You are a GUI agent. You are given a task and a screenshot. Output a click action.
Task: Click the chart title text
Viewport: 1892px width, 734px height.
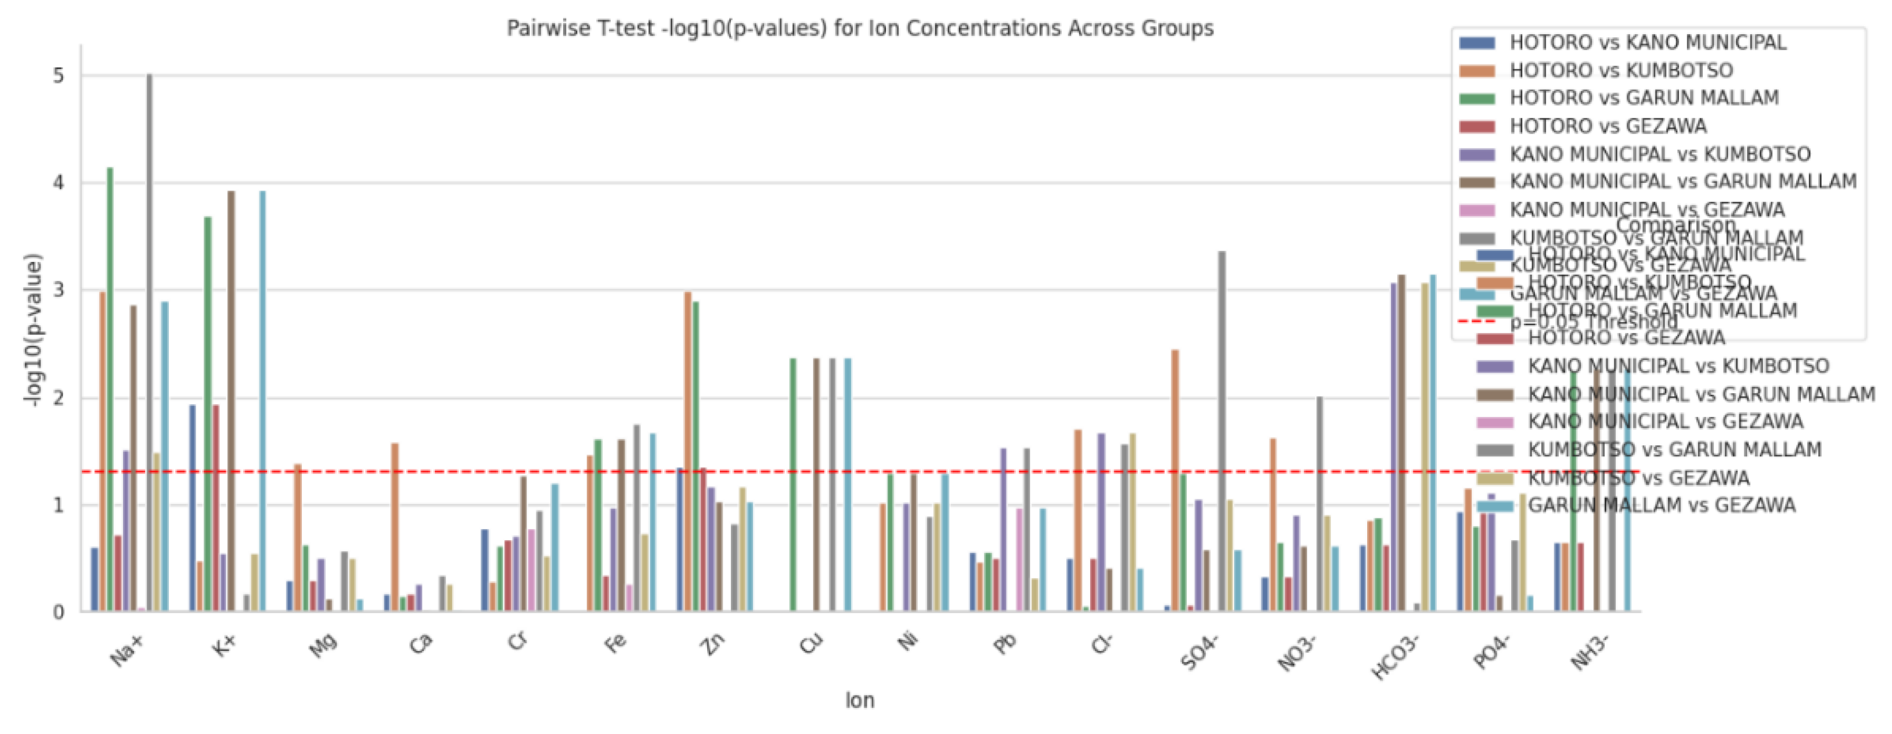(x=860, y=28)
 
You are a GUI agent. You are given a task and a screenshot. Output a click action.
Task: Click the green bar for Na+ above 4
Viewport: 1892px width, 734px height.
(x=110, y=390)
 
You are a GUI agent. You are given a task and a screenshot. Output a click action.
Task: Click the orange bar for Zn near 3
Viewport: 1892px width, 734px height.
(x=687, y=451)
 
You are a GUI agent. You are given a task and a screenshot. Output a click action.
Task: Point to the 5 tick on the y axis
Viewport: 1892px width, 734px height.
(x=58, y=77)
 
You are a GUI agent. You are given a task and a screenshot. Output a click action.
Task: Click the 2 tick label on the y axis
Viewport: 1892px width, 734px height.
(x=58, y=399)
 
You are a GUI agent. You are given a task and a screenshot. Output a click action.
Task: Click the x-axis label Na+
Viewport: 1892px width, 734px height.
(x=127, y=650)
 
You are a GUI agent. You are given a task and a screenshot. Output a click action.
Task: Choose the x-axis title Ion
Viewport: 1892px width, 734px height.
(x=859, y=700)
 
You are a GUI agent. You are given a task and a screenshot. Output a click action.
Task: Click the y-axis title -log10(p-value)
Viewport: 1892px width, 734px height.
(x=34, y=330)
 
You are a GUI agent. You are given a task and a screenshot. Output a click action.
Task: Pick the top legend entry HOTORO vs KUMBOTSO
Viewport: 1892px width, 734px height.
(x=1620, y=70)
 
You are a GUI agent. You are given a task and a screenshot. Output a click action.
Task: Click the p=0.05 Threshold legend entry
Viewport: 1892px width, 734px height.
(x=1593, y=322)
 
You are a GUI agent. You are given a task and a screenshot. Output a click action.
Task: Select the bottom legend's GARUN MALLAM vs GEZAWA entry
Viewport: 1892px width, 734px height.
(x=1662, y=506)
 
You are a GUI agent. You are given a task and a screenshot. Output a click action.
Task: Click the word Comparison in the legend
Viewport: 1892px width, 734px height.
(x=1676, y=225)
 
